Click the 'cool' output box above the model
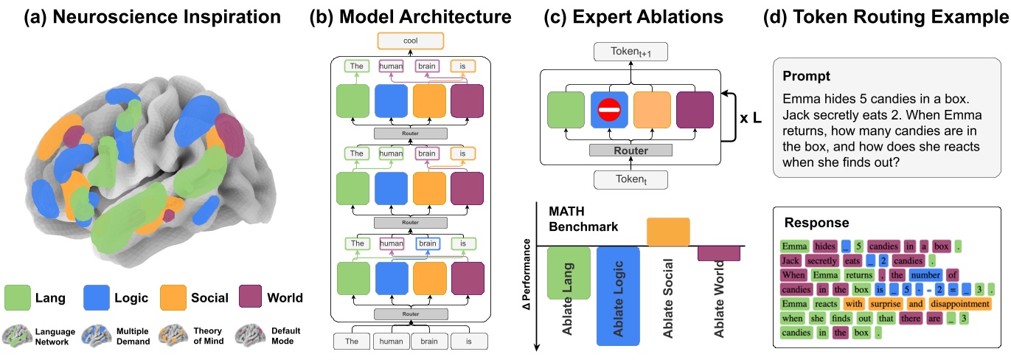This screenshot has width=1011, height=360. tap(411, 41)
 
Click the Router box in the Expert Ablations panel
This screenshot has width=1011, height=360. tap(630, 150)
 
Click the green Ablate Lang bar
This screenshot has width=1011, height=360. tap(569, 272)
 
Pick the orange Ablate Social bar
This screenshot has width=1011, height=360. tap(668, 232)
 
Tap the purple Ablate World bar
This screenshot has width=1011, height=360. tap(718, 253)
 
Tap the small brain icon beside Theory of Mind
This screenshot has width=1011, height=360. tap(171, 336)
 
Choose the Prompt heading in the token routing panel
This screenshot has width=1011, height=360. tap(807, 76)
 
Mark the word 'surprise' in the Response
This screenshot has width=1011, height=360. tap(884, 303)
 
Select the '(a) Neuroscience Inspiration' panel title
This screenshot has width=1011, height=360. tap(142, 15)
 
